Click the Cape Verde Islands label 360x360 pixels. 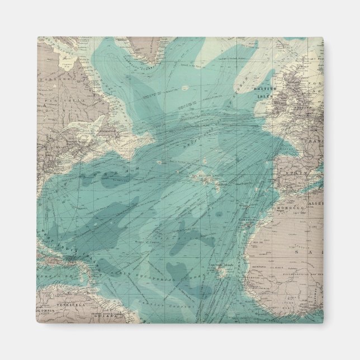click(x=220, y=265)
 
